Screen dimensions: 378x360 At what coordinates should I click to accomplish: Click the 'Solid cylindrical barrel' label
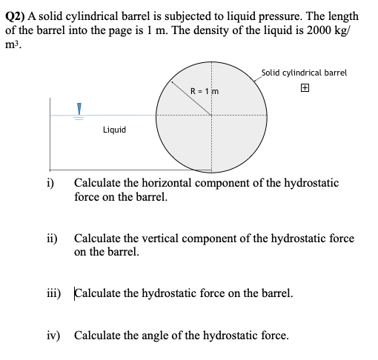[304, 73]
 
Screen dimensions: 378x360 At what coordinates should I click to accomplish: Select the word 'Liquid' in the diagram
[114, 130]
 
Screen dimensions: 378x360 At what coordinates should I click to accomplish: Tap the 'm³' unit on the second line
[14, 44]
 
